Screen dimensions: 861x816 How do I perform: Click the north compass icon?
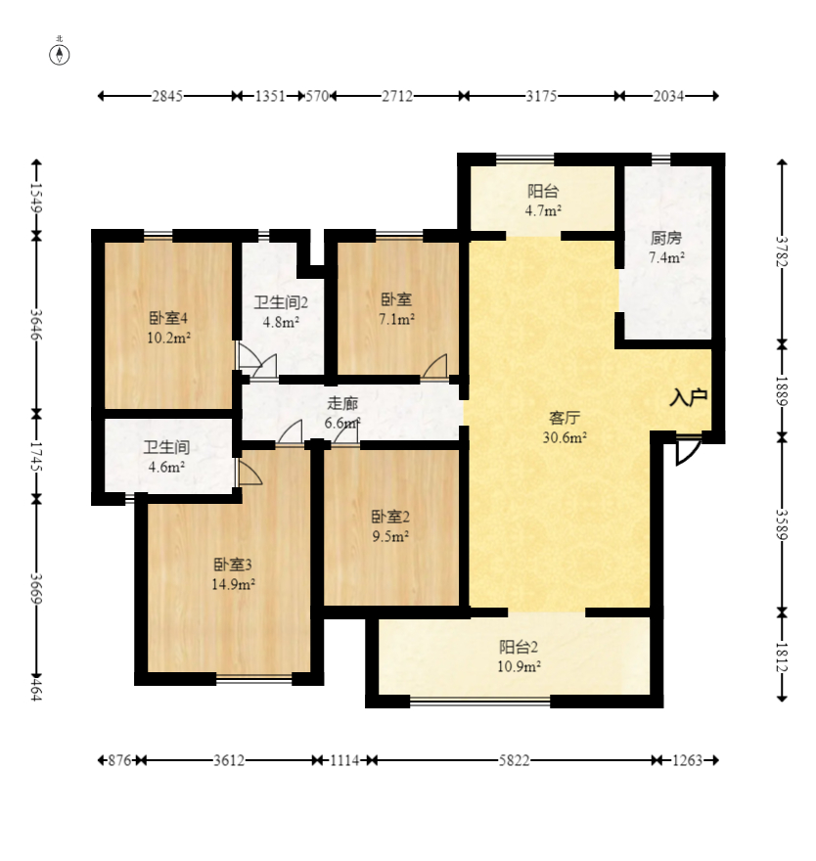click(x=60, y=53)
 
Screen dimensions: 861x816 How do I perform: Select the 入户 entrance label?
click(x=688, y=397)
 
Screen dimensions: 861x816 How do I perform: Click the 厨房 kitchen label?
click(x=666, y=238)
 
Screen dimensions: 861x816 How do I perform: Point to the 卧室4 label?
click(x=168, y=318)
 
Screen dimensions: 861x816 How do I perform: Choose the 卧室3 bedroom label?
click(x=234, y=565)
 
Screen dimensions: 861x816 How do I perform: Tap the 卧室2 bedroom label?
click(x=389, y=517)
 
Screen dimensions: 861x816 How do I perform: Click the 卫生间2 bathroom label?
click(x=281, y=302)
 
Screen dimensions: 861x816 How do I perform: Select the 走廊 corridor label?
click(x=341, y=403)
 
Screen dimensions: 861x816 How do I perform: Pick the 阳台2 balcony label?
click(x=520, y=647)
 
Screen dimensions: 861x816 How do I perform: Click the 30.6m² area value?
click(x=565, y=437)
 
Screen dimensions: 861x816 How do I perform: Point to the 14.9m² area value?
click(x=234, y=584)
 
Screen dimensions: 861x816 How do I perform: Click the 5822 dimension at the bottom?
click(x=514, y=760)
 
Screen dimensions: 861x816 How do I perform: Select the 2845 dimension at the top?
click(x=167, y=96)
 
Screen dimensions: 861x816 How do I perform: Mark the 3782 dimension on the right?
click(x=781, y=250)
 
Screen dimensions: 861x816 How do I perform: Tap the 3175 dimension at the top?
click(x=541, y=96)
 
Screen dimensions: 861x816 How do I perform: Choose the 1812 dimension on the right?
click(x=781, y=656)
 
